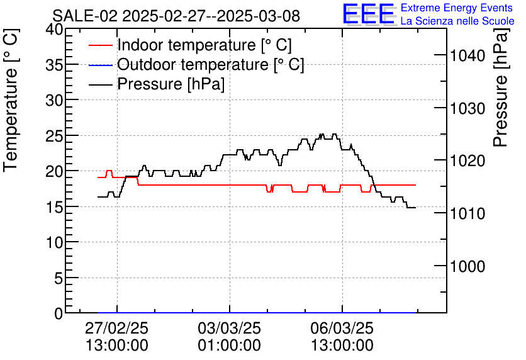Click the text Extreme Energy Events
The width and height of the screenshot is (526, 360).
tap(456, 8)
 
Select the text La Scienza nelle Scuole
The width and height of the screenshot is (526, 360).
tap(457, 21)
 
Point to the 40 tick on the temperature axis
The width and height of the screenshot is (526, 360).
tap(54, 30)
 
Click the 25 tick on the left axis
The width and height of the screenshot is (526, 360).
tap(54, 135)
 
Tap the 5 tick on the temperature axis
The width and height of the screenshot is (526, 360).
tap(59, 278)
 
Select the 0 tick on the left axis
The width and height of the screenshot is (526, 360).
tap(59, 313)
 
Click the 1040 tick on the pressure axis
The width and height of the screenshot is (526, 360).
tap(467, 56)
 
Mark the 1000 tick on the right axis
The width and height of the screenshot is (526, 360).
tap(467, 266)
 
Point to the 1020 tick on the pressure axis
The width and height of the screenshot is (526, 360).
tap(467, 161)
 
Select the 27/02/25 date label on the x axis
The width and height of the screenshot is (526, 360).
tap(117, 329)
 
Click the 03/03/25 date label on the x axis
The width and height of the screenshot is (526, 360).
tap(230, 329)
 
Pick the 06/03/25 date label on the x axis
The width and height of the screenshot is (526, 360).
tap(342, 329)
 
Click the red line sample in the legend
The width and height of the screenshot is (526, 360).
tap(101, 45)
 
